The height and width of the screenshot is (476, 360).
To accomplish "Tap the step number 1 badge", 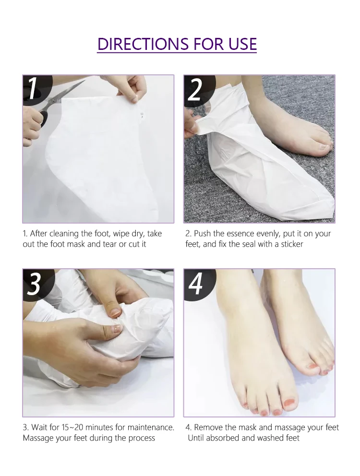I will pyautogui.click(x=33, y=89).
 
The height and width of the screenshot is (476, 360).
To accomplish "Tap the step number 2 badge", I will pyautogui.click(x=195, y=89).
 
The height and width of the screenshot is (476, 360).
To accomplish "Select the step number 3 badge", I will pyautogui.click(x=34, y=284).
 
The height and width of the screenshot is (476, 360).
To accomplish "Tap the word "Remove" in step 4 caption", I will pyautogui.click(x=208, y=427).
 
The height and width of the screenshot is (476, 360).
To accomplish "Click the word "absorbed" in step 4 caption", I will pyautogui.click(x=225, y=438).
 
